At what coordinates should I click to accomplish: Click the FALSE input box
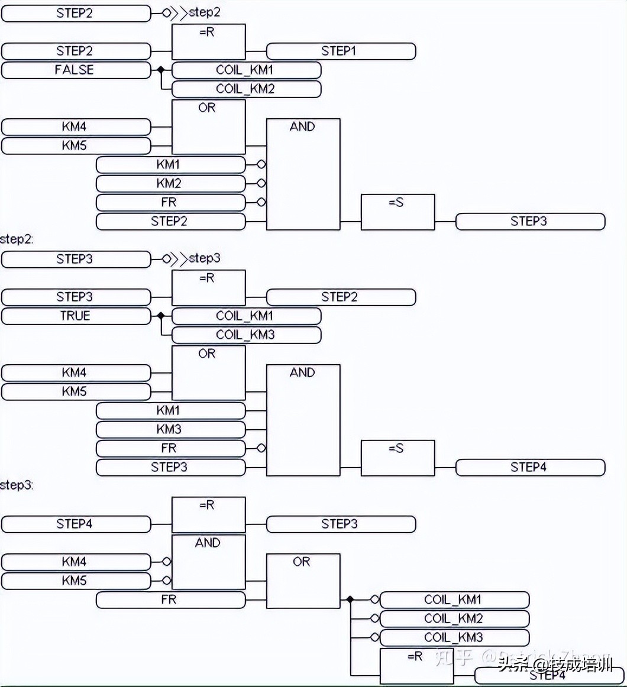point(76,70)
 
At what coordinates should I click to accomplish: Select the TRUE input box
point(76,316)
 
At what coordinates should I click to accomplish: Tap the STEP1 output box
point(341,51)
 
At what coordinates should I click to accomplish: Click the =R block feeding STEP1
point(208,41)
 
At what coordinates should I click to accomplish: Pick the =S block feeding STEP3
point(397,212)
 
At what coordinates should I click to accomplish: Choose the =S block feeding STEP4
point(397,458)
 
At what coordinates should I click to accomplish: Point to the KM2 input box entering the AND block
point(170,183)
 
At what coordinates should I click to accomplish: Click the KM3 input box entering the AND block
point(170,429)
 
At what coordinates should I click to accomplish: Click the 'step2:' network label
point(17,239)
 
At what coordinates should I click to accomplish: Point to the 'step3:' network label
point(17,485)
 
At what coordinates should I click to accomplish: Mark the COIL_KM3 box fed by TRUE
point(246,335)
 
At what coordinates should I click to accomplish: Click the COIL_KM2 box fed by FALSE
point(246,89)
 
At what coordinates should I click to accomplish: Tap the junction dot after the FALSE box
point(160,70)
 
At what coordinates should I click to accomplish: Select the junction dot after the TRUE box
point(160,316)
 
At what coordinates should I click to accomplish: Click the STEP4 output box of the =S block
point(530,467)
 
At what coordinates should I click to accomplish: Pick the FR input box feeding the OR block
point(170,599)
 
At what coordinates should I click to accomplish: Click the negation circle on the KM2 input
point(261,183)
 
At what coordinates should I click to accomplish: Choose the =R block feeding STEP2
point(208,287)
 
